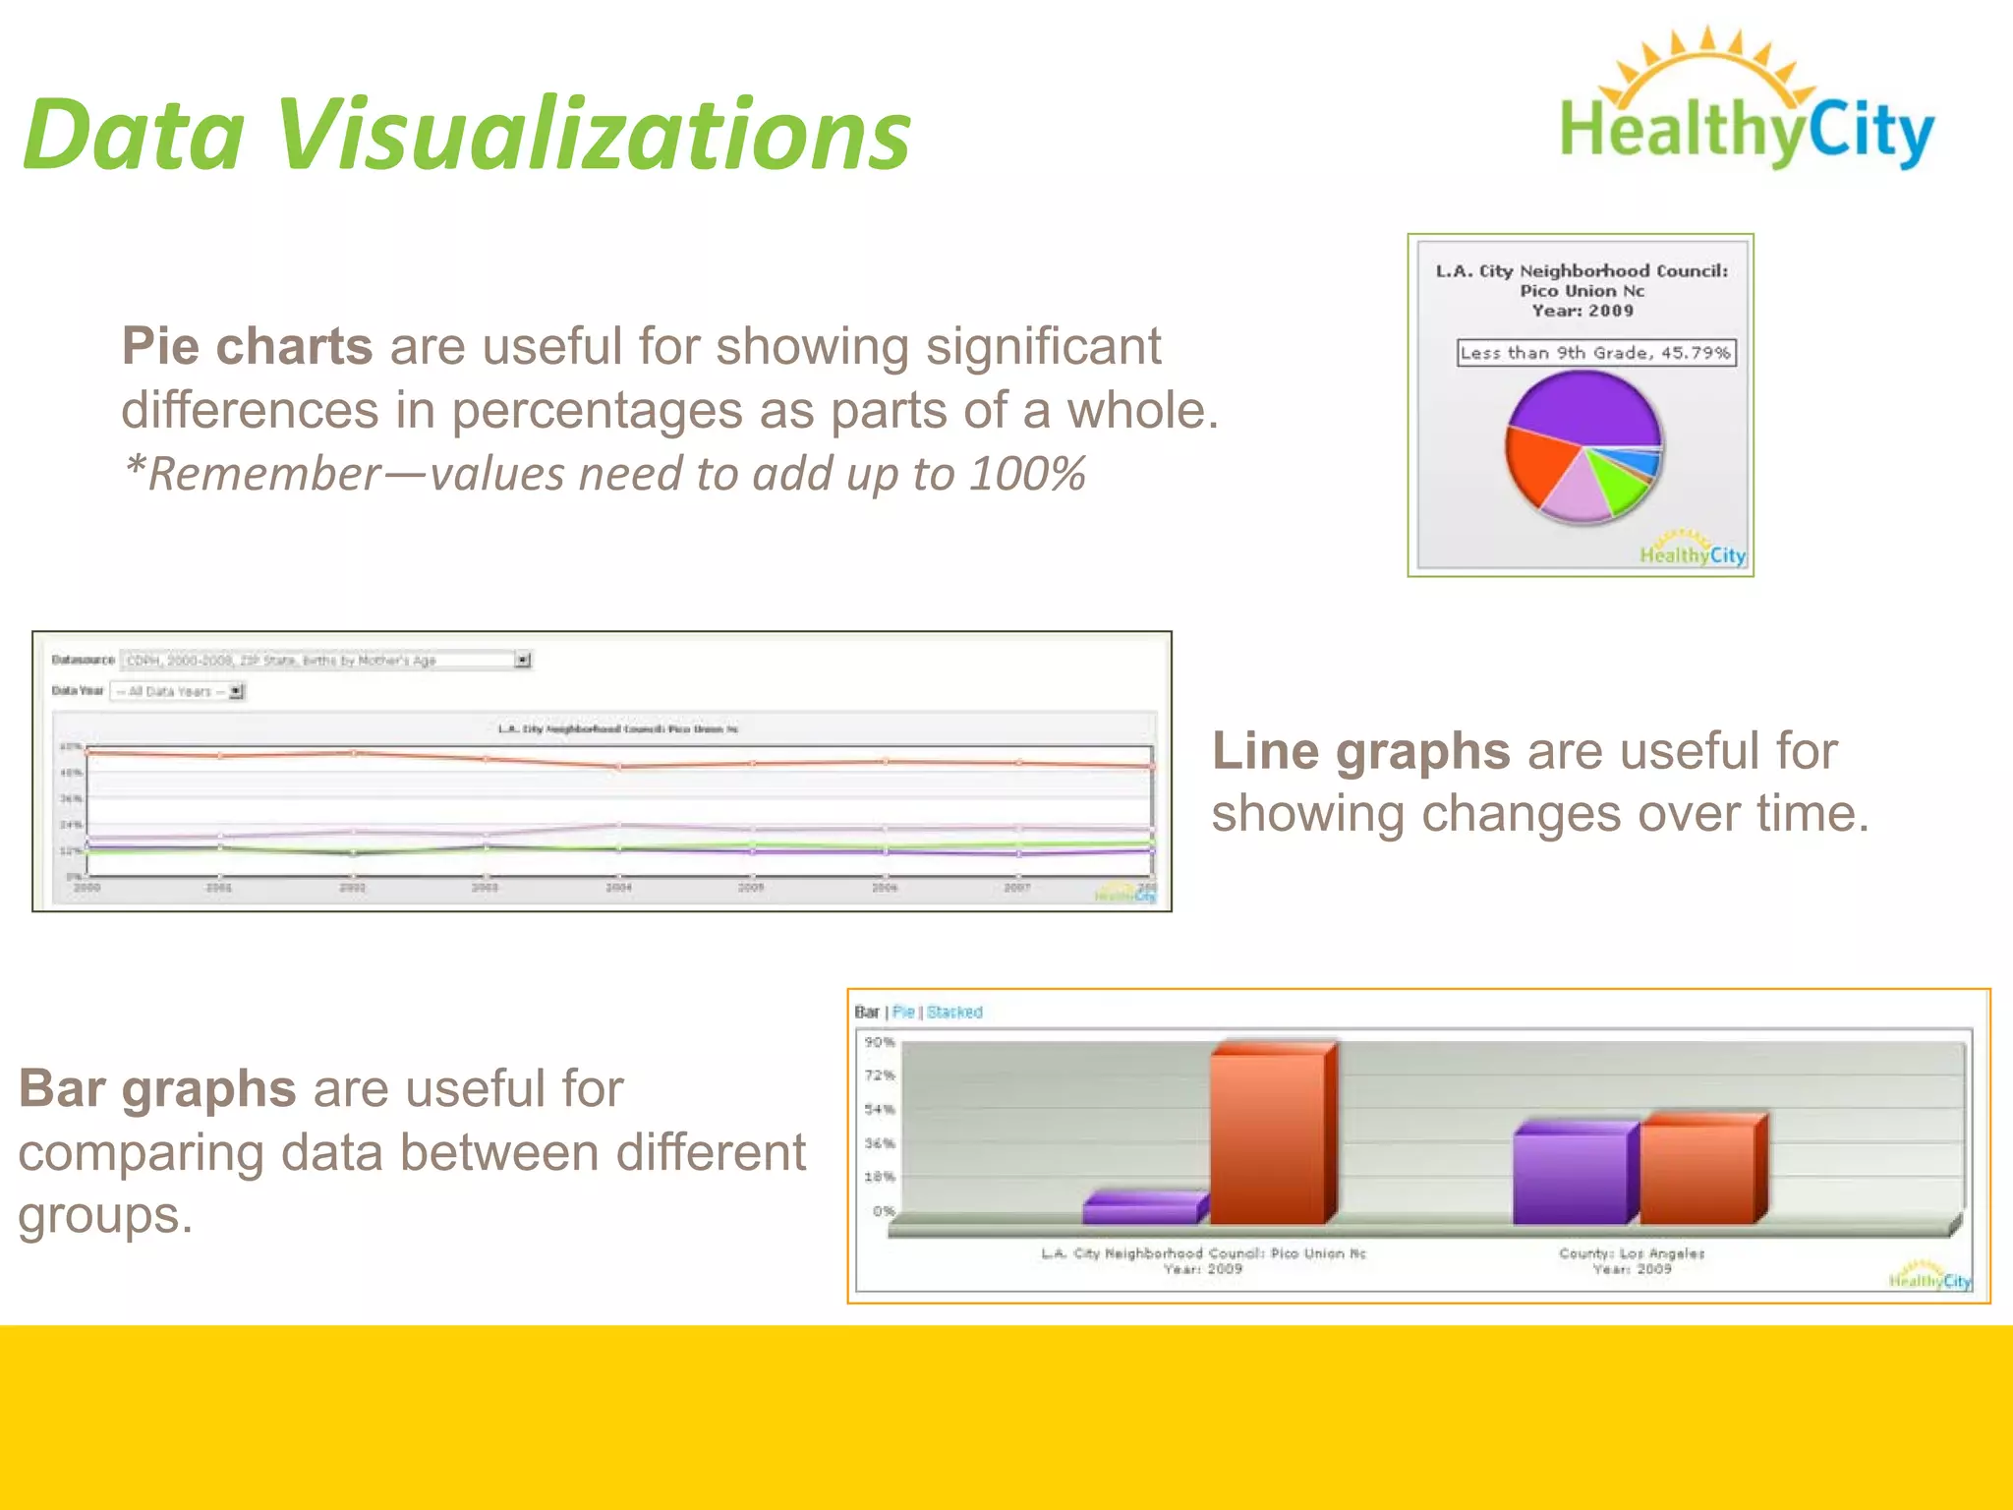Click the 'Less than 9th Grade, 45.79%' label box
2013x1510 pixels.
1595,353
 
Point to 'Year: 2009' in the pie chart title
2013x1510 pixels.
1582,311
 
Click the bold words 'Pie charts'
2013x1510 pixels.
247,347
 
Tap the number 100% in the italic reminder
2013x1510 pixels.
1027,474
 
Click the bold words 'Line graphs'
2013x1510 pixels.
1360,751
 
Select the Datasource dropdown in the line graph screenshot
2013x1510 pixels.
324,660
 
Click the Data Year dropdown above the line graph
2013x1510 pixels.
177,691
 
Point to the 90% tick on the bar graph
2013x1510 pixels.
879,1042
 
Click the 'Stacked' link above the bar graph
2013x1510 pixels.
953,1012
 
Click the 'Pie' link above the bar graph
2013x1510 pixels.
903,1012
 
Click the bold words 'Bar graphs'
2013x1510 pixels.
157,1089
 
